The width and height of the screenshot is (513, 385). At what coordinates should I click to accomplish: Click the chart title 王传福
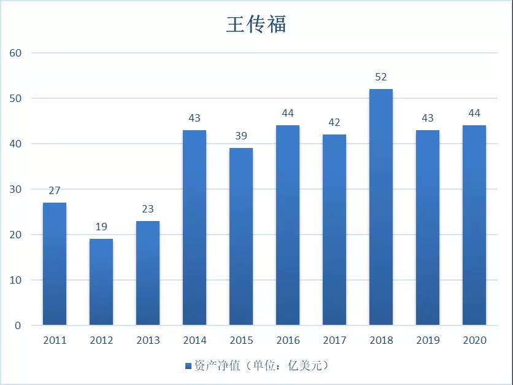[x=256, y=25]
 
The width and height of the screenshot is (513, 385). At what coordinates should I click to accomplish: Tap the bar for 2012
[x=101, y=282]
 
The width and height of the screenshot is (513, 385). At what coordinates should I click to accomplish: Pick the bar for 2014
[x=195, y=227]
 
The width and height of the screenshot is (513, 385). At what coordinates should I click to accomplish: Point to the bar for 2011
[x=55, y=263]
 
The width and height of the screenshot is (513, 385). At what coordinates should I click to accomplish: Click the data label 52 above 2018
[x=381, y=77]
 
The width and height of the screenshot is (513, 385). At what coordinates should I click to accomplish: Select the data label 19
[x=101, y=227]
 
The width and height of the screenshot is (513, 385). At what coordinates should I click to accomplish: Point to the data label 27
[x=55, y=191]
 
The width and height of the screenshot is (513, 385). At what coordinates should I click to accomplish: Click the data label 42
[x=334, y=123]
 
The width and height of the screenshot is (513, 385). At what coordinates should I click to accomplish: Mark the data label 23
[x=148, y=209]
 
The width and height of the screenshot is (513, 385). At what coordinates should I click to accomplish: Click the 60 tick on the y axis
[x=15, y=53]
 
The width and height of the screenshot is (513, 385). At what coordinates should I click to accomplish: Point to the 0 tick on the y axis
[x=18, y=325]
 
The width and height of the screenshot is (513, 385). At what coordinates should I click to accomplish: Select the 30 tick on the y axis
[x=15, y=189]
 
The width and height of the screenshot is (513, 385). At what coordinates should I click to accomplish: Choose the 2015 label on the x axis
[x=241, y=340]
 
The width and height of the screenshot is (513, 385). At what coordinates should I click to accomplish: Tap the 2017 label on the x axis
[x=334, y=340]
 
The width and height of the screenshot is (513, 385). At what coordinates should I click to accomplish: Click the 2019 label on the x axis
[x=428, y=340]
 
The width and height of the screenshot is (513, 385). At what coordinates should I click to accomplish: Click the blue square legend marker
[x=188, y=366]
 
